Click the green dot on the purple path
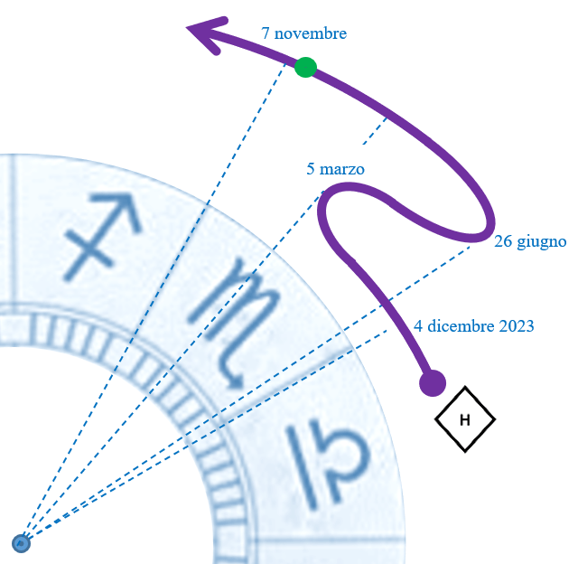pos(305,67)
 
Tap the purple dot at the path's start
pos(433,383)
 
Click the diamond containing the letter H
pos(465,419)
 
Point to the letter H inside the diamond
pos(465,419)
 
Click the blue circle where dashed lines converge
pos(22,542)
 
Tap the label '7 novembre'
pos(303,33)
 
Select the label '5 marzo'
pos(335,168)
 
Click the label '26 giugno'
pos(530,241)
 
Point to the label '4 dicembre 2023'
pos(474,325)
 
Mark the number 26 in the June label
pos(502,241)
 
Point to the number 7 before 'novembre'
pos(266,33)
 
